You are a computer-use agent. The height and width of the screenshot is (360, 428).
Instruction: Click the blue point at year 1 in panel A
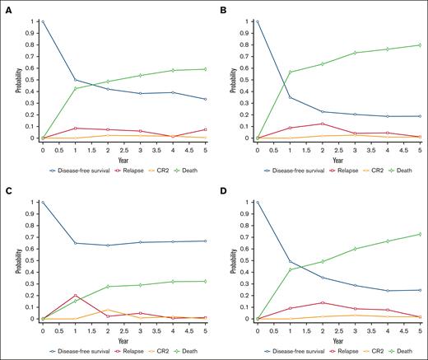coord(75,80)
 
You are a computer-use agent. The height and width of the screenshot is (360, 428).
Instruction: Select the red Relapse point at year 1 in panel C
coord(75,295)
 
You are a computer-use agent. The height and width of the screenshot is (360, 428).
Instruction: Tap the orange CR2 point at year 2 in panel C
coord(107,310)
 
